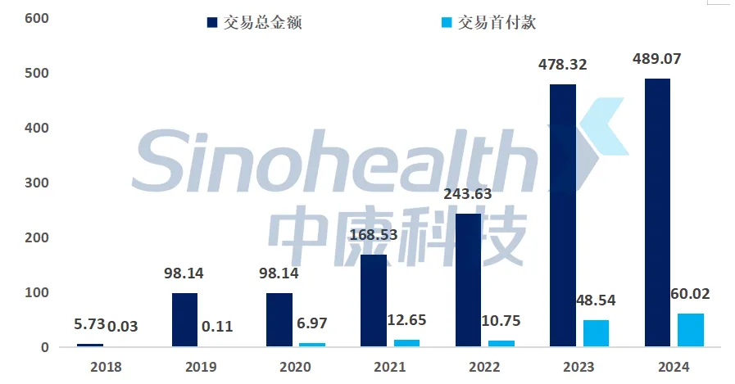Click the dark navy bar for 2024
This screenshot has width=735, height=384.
657,213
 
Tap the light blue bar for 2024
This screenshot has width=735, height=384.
691,330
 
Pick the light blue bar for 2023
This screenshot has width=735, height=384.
596,333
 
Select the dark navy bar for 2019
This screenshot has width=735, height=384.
184,320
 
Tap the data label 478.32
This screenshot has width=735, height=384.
565,64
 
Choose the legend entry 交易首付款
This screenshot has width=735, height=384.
498,22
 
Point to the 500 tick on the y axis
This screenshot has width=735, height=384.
37,73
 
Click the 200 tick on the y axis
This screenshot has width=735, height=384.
37,237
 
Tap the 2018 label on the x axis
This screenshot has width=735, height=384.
105,367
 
